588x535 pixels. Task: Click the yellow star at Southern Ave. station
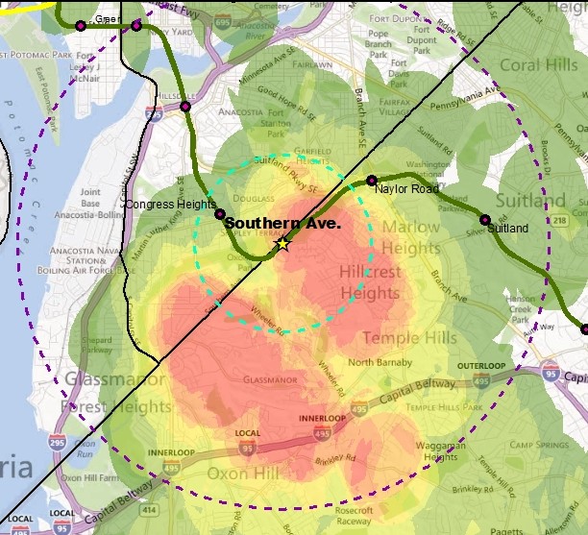(x=282, y=243)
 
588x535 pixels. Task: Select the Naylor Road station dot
(x=372, y=181)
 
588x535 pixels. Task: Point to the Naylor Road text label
(x=406, y=189)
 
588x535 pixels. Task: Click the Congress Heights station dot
(x=220, y=214)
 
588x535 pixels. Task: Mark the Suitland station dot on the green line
(x=484, y=220)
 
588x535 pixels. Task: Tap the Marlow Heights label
(x=411, y=238)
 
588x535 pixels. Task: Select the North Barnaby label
(x=373, y=362)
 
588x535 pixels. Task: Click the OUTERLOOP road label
(x=479, y=366)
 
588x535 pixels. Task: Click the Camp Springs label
(x=534, y=445)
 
